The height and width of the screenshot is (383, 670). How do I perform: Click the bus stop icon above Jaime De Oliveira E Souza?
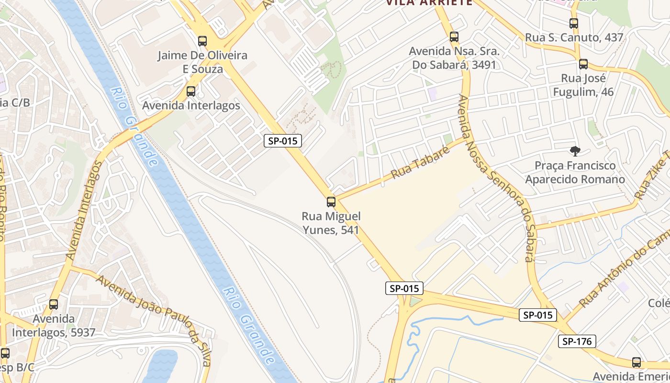[x=202, y=41]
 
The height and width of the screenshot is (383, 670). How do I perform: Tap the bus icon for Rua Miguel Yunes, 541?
[x=331, y=202]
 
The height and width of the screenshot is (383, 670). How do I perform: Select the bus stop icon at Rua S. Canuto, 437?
[x=574, y=23]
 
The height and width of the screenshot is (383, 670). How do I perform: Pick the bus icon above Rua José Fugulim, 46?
[x=583, y=64]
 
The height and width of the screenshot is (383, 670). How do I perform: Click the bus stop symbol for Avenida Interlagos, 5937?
[x=54, y=304]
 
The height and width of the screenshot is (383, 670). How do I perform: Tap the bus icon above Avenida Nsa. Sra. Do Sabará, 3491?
[x=454, y=37]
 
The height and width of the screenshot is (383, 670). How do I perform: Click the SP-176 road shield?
[x=577, y=341]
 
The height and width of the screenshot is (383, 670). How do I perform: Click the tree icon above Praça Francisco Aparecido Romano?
[x=575, y=151]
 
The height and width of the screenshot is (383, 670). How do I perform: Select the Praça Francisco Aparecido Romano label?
[x=575, y=172]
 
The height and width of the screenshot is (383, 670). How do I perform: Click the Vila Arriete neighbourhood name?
[x=429, y=3]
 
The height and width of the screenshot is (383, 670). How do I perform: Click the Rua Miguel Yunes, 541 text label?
[x=331, y=223]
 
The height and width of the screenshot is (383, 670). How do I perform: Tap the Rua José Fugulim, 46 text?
[x=583, y=85]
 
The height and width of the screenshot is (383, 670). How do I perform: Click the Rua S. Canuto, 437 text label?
[x=574, y=37]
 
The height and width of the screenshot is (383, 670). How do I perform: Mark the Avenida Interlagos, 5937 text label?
[x=54, y=326]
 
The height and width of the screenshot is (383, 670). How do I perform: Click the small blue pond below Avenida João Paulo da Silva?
[x=160, y=366]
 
